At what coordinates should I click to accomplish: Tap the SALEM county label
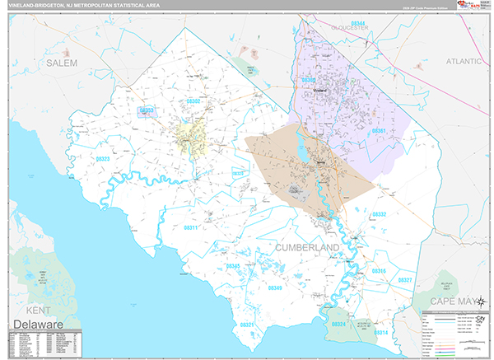61,63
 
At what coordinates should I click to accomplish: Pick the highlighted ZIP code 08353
147,110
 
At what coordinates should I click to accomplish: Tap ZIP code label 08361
379,131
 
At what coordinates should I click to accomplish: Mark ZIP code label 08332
379,214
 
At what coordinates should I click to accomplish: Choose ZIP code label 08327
404,280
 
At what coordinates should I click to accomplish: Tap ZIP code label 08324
338,324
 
